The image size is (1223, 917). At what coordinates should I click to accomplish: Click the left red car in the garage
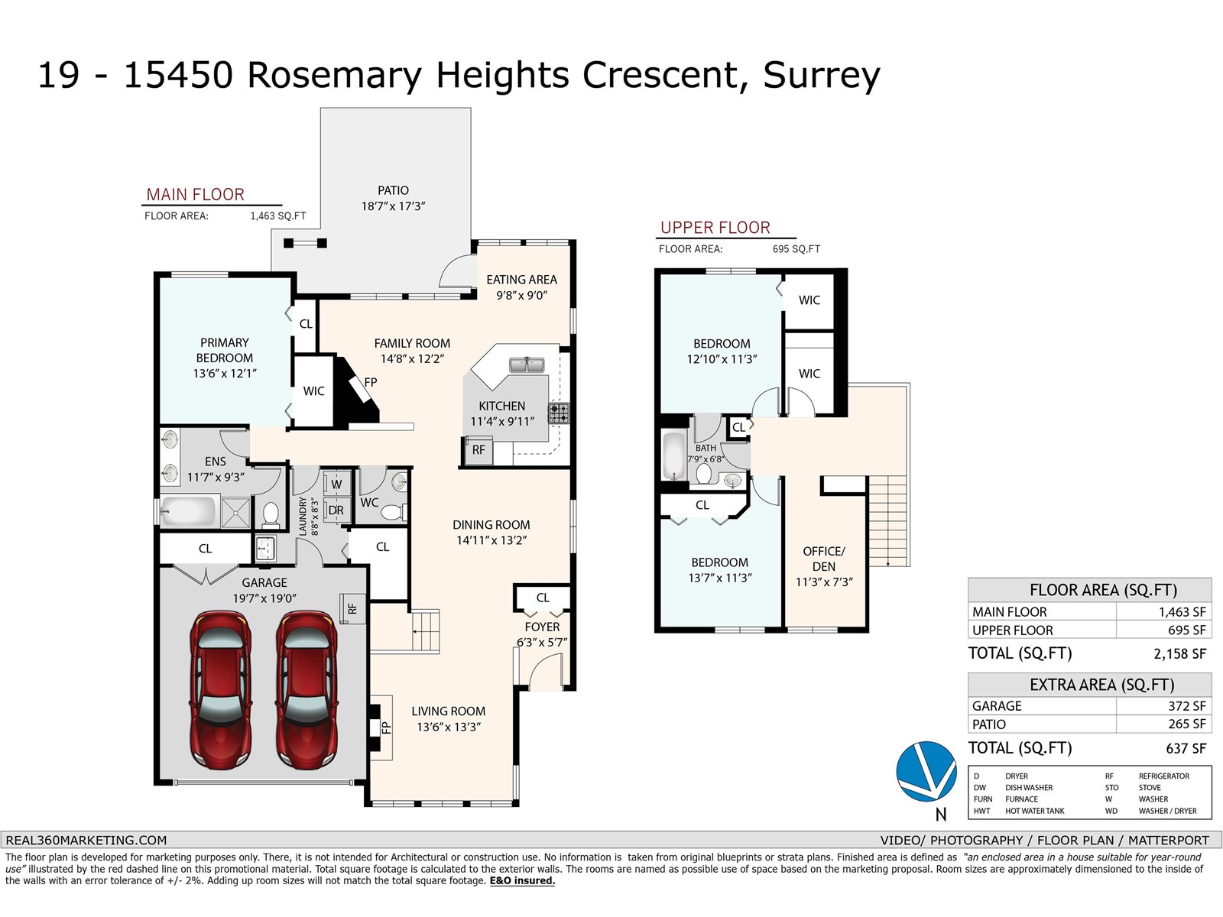[221, 690]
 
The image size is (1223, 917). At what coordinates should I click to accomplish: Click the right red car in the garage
[307, 690]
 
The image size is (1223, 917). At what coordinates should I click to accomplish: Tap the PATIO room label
[394, 190]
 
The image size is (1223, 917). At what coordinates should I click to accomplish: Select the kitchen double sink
[527, 365]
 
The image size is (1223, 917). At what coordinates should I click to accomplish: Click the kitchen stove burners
[559, 413]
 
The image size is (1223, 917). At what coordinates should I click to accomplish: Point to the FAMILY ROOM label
[412, 344]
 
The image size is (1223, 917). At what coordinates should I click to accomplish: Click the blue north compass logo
[926, 771]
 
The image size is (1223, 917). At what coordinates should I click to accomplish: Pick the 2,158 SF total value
[1179, 653]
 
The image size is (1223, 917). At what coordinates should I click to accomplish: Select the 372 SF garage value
[1187, 706]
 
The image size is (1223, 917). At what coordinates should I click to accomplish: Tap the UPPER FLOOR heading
[715, 228]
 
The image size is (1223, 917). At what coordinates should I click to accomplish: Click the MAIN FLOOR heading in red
[196, 194]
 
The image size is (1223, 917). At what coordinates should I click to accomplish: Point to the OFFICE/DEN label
[823, 559]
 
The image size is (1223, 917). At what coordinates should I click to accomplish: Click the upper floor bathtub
[674, 456]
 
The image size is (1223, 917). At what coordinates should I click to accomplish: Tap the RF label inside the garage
[352, 608]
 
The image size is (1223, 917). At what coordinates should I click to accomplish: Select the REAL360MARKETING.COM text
[86, 840]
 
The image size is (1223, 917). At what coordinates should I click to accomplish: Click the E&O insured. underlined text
[522, 881]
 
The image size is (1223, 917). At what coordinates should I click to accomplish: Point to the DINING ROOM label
[491, 524]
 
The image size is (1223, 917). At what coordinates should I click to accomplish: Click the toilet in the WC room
[394, 512]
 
